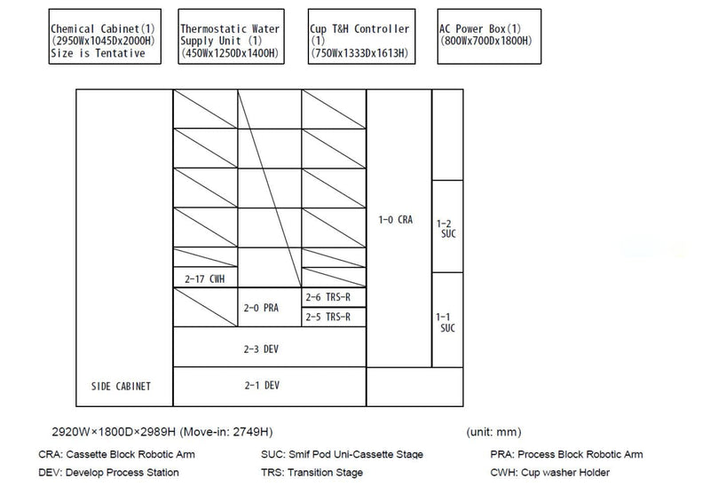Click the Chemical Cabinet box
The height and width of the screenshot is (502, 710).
[x=105, y=36]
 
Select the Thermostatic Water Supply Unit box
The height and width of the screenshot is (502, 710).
[x=231, y=36]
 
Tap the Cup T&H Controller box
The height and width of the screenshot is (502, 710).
[x=361, y=36]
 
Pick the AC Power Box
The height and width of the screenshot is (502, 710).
[x=489, y=36]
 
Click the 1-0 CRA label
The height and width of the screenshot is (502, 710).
[x=396, y=220]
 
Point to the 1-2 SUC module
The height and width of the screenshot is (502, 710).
[x=447, y=226]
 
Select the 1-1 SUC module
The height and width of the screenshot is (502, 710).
[x=447, y=320]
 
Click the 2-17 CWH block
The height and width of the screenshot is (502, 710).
[x=205, y=277]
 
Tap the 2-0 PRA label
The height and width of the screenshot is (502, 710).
[x=261, y=308]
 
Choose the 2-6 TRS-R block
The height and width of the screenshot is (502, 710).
[x=334, y=297]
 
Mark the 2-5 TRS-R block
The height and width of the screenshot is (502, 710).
[x=334, y=317]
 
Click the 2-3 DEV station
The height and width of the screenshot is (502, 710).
[x=270, y=347]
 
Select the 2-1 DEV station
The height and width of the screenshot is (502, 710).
[x=270, y=387]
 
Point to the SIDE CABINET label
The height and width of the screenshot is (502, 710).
[x=121, y=386]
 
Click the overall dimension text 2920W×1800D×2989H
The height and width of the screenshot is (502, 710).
[x=114, y=432]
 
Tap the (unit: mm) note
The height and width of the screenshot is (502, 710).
[x=493, y=432]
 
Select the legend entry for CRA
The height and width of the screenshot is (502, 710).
[x=117, y=454]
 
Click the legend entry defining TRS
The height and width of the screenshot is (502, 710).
[x=312, y=473]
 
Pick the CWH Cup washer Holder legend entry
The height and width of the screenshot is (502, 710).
[x=549, y=473]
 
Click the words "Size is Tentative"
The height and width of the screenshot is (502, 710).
[x=98, y=53]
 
